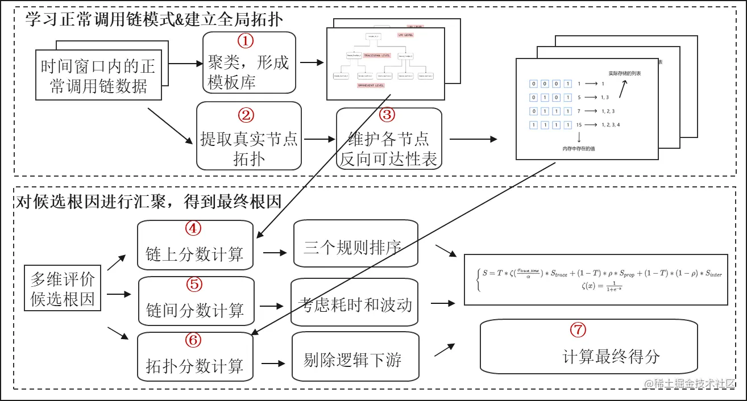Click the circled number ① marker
[x=245, y=41]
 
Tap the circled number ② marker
[x=246, y=115]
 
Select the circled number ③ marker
[x=387, y=115]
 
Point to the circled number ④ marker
[x=193, y=228]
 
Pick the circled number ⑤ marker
[x=194, y=284]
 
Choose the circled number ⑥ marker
[x=193, y=340]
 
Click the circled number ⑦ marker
[x=578, y=329]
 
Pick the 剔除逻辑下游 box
[x=352, y=360]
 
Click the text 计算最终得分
[x=611, y=357]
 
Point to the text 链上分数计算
[x=194, y=254]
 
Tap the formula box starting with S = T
[x=595, y=279]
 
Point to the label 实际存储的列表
[x=624, y=73]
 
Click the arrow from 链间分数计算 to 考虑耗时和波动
[x=272, y=306]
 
